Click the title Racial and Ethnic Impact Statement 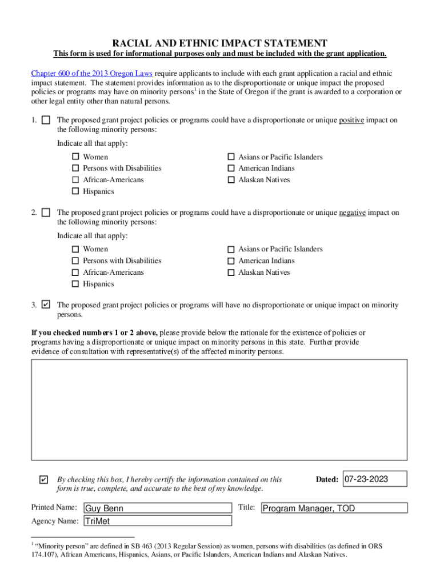point(220,43)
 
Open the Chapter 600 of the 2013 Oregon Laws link point(92,74)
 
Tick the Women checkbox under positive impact point(75,157)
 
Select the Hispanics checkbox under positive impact point(75,191)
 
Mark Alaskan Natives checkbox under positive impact point(231,180)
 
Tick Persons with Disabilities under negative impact point(75,261)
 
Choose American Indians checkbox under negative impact point(231,261)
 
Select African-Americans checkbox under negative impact point(75,273)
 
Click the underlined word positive point(351,120)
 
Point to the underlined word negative point(352,213)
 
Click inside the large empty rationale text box point(219,409)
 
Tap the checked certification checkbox point(44,479)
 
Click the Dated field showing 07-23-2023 point(375,479)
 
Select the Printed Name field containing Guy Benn point(157,508)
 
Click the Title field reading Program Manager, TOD point(334,508)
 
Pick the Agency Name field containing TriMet point(157,521)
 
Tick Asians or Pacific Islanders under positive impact point(231,157)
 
